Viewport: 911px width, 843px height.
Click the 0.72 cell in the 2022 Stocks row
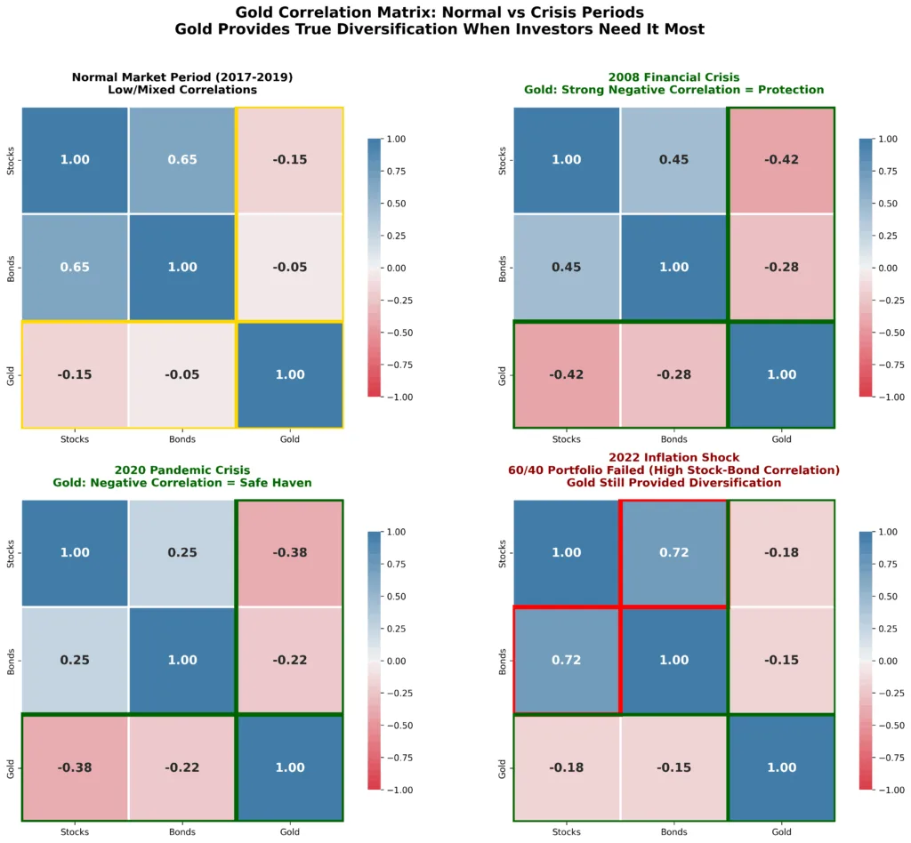(x=673, y=553)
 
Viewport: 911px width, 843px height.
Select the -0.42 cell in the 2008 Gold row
(x=567, y=374)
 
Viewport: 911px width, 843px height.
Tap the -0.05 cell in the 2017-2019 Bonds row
(x=289, y=268)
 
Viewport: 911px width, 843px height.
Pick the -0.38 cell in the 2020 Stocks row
(x=289, y=553)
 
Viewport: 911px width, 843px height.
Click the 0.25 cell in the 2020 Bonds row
(x=75, y=660)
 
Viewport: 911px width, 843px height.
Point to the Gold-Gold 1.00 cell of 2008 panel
(x=781, y=374)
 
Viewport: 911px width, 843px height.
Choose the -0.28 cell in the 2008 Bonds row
(x=781, y=268)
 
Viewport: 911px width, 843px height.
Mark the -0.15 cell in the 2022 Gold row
(x=673, y=767)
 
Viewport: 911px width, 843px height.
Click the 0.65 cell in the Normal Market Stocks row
(x=181, y=160)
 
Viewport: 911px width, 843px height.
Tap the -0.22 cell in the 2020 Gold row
(x=181, y=767)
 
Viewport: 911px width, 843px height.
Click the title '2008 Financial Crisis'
(x=673, y=77)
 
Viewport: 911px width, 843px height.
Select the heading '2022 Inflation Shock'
(x=673, y=457)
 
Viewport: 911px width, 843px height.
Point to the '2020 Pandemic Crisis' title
(x=182, y=470)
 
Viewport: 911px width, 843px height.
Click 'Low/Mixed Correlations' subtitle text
(x=182, y=90)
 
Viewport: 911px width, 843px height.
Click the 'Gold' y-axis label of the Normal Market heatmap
(x=10, y=374)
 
